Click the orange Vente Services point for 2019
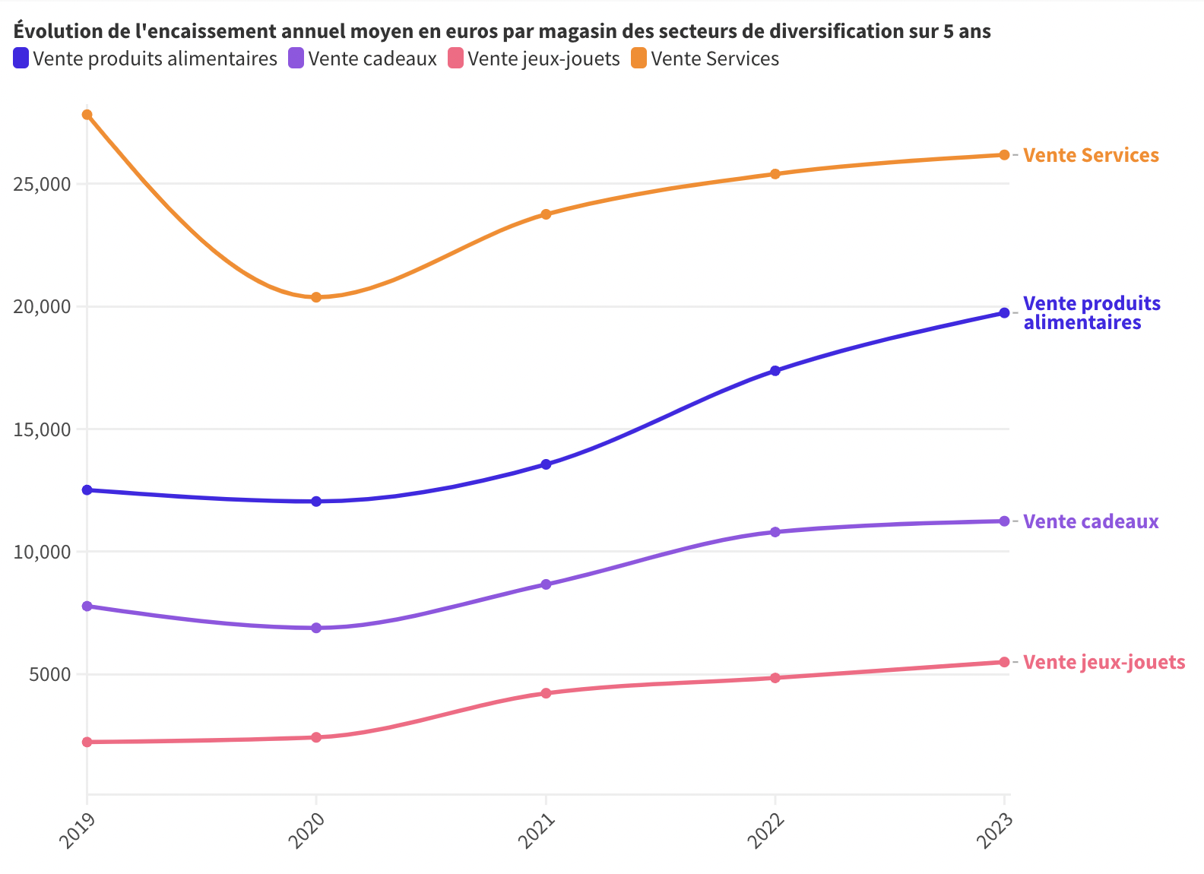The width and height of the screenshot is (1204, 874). [87, 115]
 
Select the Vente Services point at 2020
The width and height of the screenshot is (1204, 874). [316, 297]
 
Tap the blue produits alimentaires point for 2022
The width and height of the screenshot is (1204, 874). [775, 371]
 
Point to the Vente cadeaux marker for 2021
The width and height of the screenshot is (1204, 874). [546, 584]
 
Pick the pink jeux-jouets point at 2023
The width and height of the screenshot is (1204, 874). [1004, 662]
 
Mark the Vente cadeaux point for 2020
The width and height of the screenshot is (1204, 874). [316, 628]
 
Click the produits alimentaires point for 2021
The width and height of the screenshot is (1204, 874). [546, 464]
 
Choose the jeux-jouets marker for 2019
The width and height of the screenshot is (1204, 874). [87, 742]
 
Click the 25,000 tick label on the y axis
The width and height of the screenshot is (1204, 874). [42, 185]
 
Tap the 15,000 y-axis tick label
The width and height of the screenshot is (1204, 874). [42, 429]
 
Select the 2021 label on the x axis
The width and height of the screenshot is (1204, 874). [537, 831]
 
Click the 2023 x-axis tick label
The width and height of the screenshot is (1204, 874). [995, 831]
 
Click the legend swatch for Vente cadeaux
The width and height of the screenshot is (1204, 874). [296, 59]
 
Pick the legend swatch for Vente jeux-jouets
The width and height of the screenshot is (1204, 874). [455, 59]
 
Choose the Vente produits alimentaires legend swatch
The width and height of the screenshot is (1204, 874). [21, 59]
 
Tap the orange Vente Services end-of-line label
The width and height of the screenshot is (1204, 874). [1091, 155]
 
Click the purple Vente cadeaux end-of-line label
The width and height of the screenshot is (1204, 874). [1091, 521]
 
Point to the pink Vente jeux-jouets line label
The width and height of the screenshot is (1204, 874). [1104, 662]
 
